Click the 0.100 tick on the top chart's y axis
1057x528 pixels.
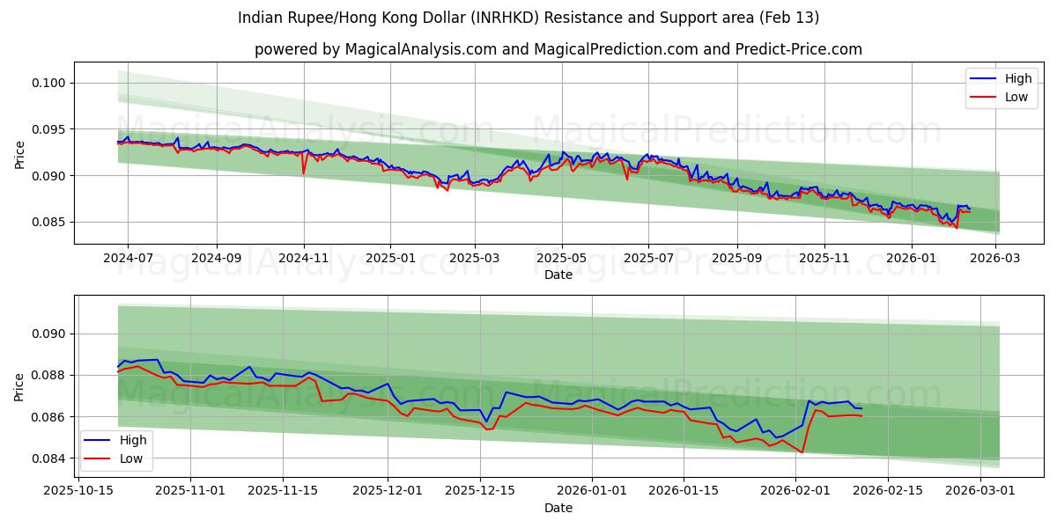point(51,83)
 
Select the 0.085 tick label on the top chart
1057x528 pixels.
point(51,222)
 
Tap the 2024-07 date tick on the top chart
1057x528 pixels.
point(129,259)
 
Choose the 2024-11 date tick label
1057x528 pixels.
point(303,259)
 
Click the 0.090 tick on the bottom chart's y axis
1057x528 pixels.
point(51,334)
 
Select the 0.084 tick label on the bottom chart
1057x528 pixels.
point(51,458)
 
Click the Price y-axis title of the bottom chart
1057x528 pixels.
point(19,386)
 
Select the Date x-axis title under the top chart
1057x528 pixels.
point(558,275)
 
